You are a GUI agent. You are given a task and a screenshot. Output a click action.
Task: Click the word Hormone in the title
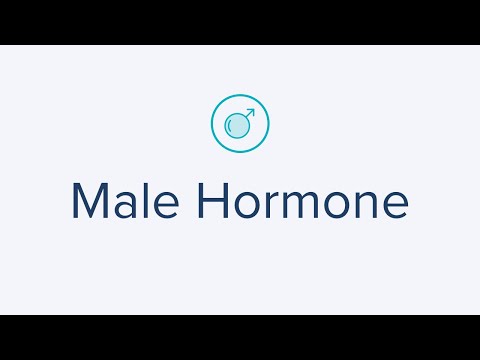pyautogui.click(x=302, y=202)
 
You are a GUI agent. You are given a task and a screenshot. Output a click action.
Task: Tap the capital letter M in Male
pyautogui.click(x=91, y=202)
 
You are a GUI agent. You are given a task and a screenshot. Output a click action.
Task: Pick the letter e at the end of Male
pyautogui.click(x=165, y=206)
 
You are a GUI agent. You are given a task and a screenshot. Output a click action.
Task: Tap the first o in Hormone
pyautogui.click(x=246, y=206)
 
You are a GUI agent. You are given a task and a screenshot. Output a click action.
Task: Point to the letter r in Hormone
pyautogui.click(x=269, y=206)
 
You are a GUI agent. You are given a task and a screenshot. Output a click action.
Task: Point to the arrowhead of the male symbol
pyautogui.click(x=251, y=111)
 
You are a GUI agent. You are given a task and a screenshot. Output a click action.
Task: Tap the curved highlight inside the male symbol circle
pyautogui.click(x=233, y=125)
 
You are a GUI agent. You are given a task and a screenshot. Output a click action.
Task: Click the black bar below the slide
pyautogui.click(x=240, y=337)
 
